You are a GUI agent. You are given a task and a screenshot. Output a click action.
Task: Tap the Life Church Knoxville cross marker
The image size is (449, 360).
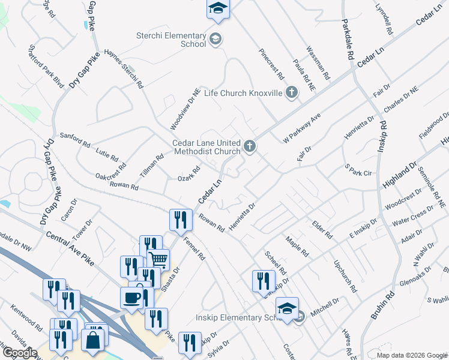tap(292, 92)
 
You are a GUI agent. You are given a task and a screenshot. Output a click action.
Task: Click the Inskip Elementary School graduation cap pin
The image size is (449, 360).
tap(288, 310)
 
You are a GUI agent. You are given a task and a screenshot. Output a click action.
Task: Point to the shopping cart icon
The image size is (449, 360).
tap(158, 260)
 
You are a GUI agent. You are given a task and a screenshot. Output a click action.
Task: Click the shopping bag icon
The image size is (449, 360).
tap(95, 339)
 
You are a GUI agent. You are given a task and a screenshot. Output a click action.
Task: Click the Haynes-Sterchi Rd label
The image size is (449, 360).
tap(124, 69)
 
